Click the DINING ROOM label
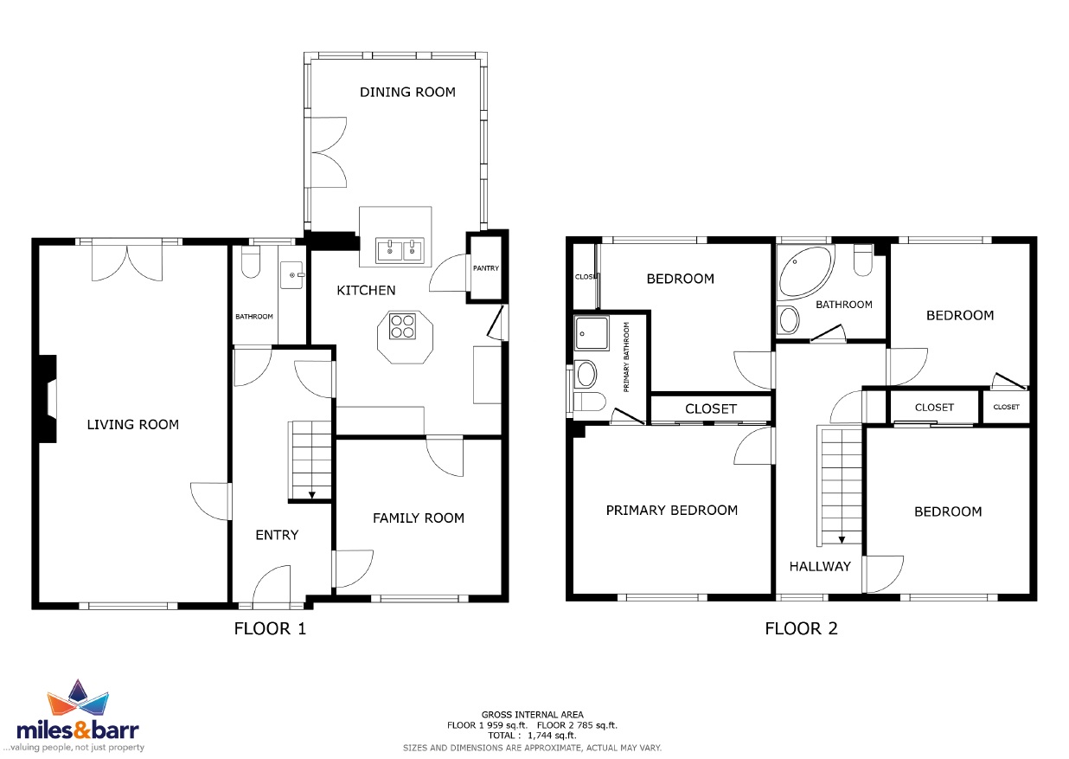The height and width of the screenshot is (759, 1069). [x=407, y=93]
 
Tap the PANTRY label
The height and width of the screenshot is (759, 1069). [x=486, y=268]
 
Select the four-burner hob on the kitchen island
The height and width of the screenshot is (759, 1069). [x=402, y=326]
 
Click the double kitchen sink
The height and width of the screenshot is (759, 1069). [x=400, y=250]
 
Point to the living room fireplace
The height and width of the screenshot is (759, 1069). [x=48, y=399]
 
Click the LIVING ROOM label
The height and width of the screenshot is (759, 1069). [x=132, y=425]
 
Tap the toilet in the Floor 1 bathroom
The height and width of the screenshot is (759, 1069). [x=250, y=261]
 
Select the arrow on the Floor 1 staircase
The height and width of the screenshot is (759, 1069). [x=311, y=495]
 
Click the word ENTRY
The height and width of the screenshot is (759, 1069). [x=277, y=535]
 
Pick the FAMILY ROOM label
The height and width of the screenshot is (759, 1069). [x=419, y=518]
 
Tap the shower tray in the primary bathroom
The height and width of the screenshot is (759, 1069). [x=592, y=333]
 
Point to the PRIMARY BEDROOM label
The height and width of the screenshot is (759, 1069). [x=671, y=511]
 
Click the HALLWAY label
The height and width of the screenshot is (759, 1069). [x=820, y=567]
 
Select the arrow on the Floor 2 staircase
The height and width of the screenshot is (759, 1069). [x=842, y=540]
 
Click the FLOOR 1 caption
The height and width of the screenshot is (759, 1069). [x=270, y=628]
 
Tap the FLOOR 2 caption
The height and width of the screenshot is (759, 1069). [x=801, y=628]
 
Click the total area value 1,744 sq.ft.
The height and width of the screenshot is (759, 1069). [x=552, y=736]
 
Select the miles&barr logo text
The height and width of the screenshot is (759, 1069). [x=78, y=730]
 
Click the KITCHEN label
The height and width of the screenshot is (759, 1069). [x=366, y=291]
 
